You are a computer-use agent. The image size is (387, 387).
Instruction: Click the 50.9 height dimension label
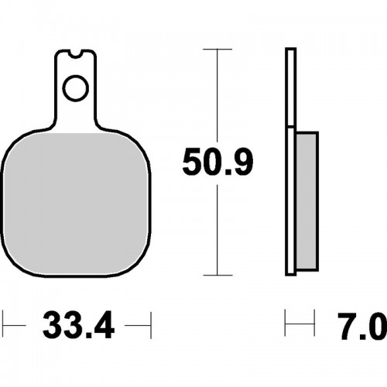click(217, 162)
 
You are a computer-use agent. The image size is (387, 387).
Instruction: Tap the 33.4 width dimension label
click(78, 325)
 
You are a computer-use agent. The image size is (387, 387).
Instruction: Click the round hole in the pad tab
click(76, 88)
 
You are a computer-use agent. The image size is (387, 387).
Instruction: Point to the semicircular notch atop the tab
click(76, 53)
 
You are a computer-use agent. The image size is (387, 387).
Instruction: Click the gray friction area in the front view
click(76, 204)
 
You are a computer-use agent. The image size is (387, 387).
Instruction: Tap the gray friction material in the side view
click(307, 200)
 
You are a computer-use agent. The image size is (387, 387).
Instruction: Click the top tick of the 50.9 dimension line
click(217, 49)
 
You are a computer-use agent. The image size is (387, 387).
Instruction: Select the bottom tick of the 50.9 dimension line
click(217, 275)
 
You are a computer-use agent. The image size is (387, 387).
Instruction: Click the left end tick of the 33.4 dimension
click(3, 325)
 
